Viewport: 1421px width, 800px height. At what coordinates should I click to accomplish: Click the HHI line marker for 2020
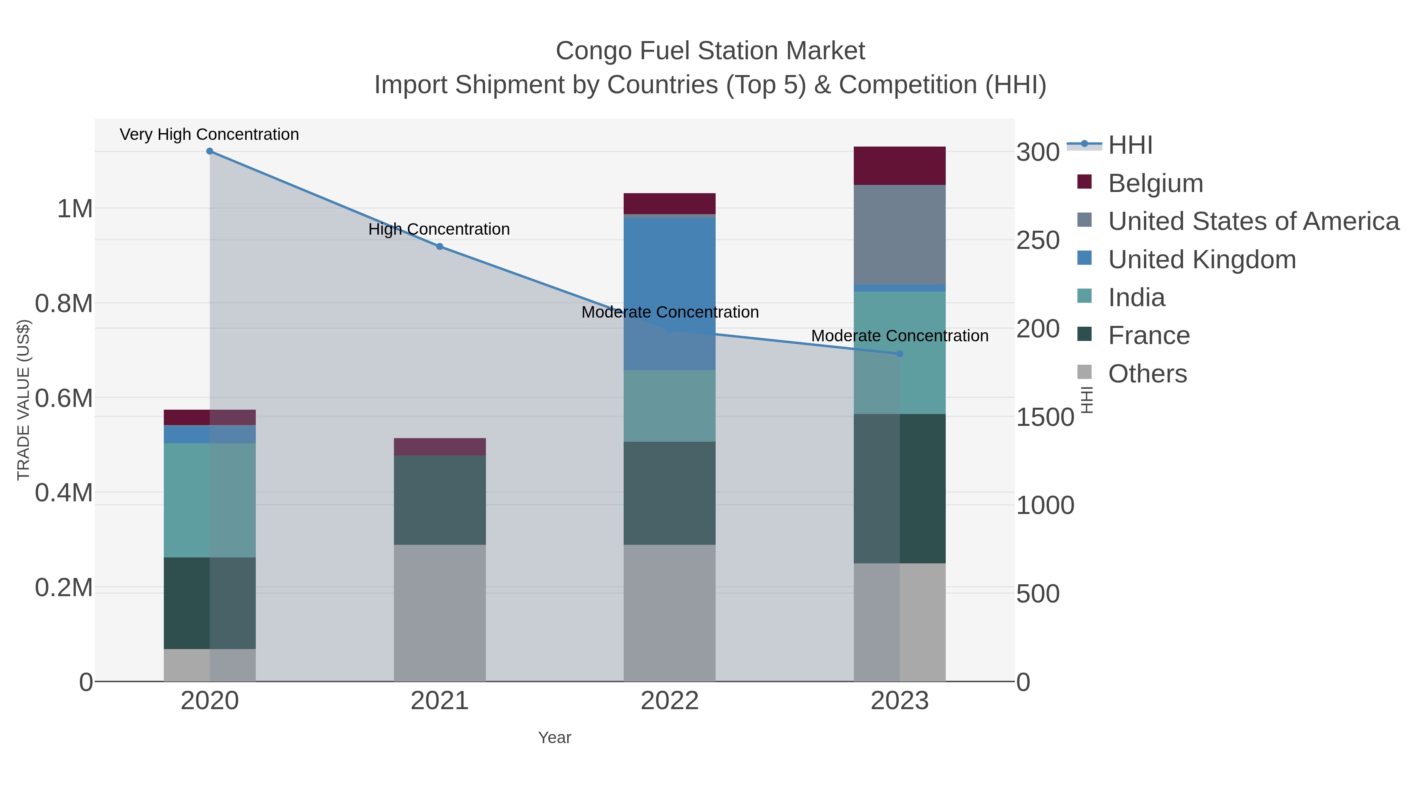click(210, 151)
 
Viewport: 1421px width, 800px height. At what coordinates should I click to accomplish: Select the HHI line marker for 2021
click(440, 247)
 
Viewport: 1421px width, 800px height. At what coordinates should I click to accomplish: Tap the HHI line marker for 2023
click(900, 354)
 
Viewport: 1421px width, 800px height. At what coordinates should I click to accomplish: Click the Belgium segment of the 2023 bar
click(900, 166)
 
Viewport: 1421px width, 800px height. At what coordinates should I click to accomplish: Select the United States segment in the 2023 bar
click(900, 235)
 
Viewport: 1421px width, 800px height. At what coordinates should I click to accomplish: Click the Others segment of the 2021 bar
click(440, 613)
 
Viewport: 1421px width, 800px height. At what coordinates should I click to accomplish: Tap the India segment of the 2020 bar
click(210, 500)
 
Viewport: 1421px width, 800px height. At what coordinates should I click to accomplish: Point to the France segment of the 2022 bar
click(670, 493)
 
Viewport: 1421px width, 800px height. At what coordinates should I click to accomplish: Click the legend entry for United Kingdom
click(1202, 260)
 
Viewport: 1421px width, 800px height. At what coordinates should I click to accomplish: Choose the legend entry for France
click(1149, 336)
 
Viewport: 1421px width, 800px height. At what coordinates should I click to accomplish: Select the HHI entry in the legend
click(1130, 145)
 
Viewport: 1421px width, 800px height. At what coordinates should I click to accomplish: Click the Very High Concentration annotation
click(210, 135)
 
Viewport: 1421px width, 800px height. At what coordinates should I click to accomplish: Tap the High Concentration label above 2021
click(439, 229)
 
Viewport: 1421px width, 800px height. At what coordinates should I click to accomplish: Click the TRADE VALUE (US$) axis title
click(23, 400)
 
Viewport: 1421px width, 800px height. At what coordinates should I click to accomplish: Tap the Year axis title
click(555, 738)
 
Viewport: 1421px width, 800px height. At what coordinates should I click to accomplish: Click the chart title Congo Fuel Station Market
click(710, 51)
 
